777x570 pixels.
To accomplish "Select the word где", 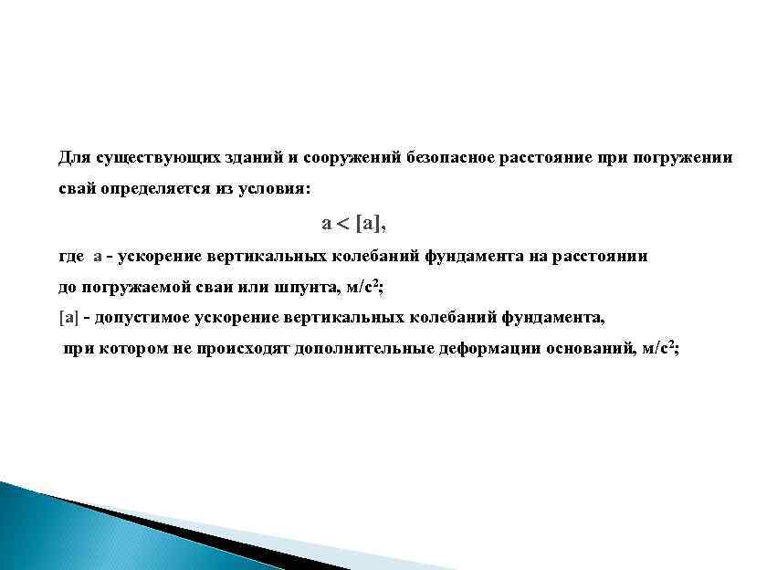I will click(x=71, y=257).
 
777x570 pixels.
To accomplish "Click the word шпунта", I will click(x=303, y=288).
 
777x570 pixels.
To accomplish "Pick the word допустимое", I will click(x=140, y=318).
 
